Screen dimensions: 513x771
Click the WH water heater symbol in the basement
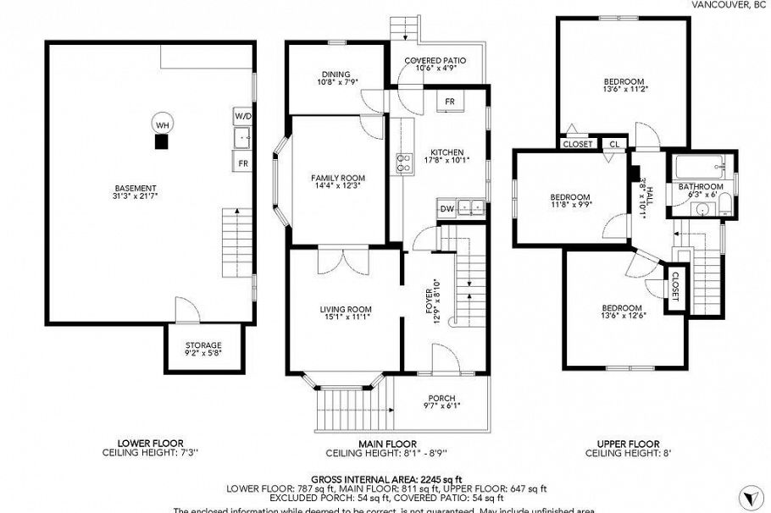(x=161, y=124)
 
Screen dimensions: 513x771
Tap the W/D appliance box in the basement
(x=242, y=114)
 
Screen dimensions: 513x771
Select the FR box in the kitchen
(x=450, y=102)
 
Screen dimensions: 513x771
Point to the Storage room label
(x=203, y=345)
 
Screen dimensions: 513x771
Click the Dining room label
(x=336, y=74)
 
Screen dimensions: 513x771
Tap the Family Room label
(x=337, y=178)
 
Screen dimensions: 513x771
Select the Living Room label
(x=346, y=309)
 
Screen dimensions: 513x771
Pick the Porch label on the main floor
(x=441, y=399)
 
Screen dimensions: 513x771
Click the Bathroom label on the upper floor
(x=700, y=187)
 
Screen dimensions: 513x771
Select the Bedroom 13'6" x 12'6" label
(x=622, y=308)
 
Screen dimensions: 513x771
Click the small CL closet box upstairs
(x=613, y=145)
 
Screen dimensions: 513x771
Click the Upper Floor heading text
(x=628, y=444)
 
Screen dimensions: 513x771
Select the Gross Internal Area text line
(x=385, y=478)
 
